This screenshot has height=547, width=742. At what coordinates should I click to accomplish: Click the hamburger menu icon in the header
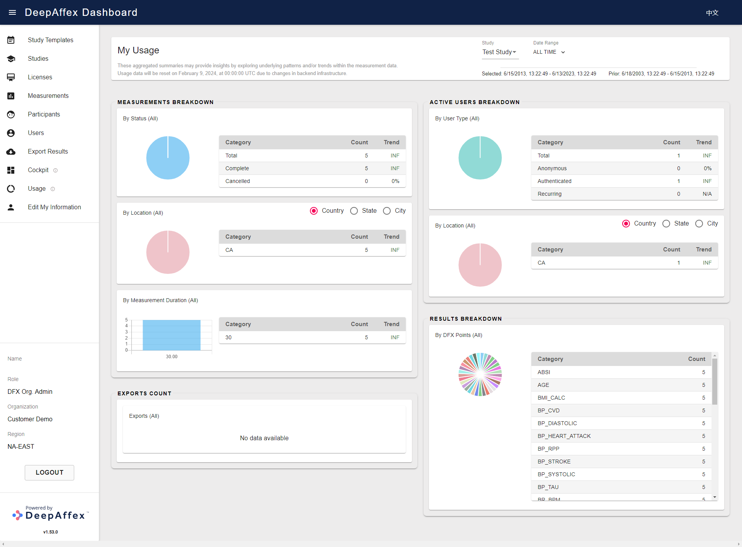point(12,12)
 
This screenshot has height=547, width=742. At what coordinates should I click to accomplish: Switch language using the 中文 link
point(712,13)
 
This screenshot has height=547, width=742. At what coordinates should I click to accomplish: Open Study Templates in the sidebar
point(50,40)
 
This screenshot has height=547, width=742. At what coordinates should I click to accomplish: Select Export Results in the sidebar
point(48,151)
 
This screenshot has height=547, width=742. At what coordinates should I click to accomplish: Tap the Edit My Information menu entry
point(54,207)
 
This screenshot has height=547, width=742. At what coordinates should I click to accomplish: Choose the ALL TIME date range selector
point(549,52)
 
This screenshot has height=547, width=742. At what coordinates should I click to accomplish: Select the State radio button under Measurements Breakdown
point(354,211)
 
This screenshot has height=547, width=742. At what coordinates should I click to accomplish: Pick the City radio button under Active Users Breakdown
point(699,224)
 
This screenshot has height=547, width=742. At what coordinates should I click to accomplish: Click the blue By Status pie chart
point(168,158)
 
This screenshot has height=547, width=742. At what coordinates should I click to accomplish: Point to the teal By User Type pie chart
point(480,158)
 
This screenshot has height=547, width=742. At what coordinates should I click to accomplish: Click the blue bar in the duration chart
point(172,335)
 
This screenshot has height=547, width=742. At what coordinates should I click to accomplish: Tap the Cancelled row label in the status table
point(237,181)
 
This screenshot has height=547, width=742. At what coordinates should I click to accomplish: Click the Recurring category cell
point(549,194)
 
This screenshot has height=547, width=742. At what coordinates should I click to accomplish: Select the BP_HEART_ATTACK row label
point(564,436)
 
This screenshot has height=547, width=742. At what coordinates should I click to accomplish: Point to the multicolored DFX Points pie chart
point(480,374)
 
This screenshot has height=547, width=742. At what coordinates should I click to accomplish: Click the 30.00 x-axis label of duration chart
point(172,357)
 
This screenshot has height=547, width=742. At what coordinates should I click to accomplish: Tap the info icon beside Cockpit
point(55,170)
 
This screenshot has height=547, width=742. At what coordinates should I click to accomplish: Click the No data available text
point(264,438)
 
